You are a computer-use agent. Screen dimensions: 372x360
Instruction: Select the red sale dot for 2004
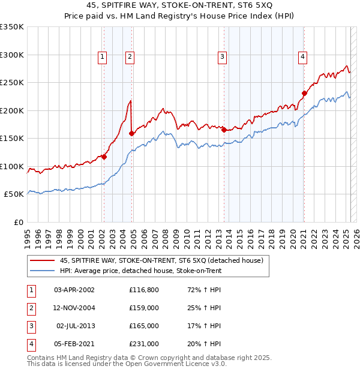coord(131,133)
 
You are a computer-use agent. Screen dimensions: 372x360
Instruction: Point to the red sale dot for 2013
coord(224,130)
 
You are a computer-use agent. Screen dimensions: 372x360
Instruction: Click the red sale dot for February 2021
coord(304,93)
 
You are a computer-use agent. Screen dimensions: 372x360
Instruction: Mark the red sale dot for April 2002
coord(104,157)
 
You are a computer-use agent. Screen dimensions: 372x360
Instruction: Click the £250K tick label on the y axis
coord(12,83)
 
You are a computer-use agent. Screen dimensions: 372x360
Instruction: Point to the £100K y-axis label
coord(12,166)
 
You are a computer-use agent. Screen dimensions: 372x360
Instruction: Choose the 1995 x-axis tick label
coord(27,235)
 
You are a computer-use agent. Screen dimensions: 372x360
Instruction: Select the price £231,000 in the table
coord(144,344)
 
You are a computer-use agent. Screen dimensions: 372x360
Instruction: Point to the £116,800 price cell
coord(144,290)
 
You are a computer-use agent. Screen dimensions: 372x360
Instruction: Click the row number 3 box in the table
coord(30,326)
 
